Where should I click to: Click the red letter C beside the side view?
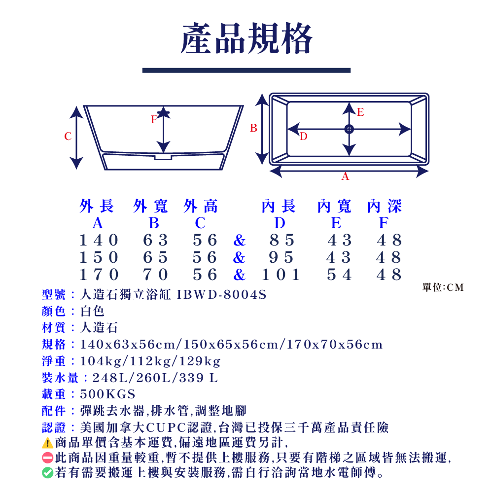tap(68, 137)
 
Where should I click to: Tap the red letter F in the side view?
tap(154, 119)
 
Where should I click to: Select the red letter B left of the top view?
tap(253, 128)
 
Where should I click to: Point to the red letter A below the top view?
tap(345, 176)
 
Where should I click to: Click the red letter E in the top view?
tap(360, 112)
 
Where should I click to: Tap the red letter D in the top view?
tap(303, 136)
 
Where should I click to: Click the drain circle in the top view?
tap(349, 129)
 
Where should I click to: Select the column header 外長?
tap(97, 206)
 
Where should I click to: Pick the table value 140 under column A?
tap(99, 240)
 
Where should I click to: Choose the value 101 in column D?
tap(281, 274)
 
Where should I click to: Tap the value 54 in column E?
tap(340, 274)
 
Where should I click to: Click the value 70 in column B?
tap(155, 274)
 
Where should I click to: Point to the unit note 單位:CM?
tap(443, 287)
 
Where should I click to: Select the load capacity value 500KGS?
tap(107, 394)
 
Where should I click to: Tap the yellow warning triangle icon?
tap(47, 442)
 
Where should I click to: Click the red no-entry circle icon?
tap(47, 458)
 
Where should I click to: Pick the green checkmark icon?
tap(47, 473)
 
